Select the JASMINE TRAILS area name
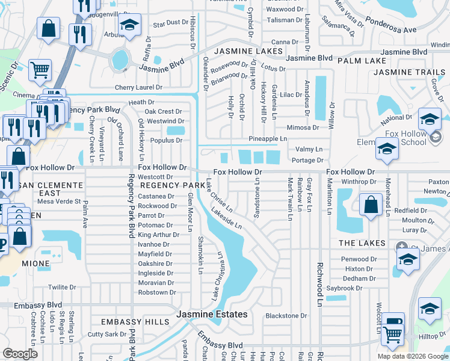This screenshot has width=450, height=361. tap(410, 72)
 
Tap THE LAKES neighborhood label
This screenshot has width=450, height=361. tap(362, 243)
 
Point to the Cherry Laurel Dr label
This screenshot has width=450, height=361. tap(139, 87)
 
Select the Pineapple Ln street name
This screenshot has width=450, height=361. tap(268, 138)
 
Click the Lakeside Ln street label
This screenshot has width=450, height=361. tap(226, 218)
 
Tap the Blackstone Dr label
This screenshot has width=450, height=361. tap(286, 316)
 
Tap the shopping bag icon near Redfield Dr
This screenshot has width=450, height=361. tap(371, 205)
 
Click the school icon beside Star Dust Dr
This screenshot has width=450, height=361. tap(129, 25)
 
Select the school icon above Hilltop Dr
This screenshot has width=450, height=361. tap(429, 309)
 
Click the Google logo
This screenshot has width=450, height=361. tap(20, 354)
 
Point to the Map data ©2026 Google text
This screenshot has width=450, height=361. tap(413, 356)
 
